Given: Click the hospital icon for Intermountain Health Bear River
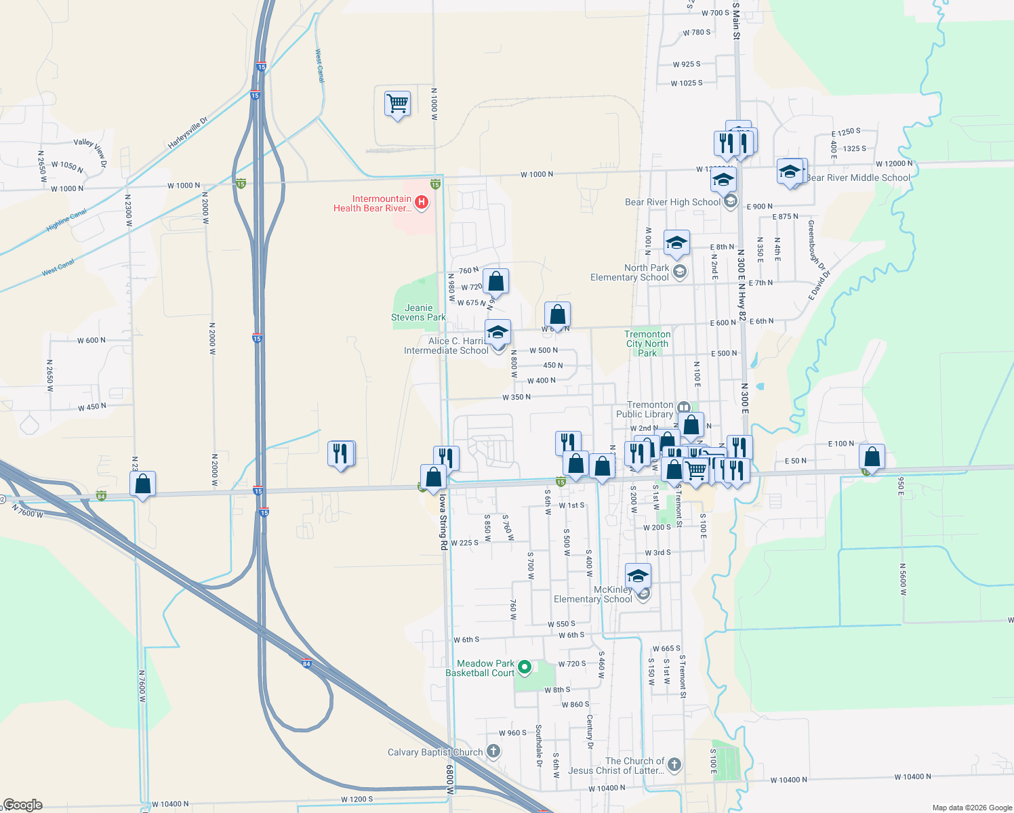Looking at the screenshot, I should [x=422, y=202].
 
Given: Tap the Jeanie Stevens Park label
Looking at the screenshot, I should [x=418, y=312].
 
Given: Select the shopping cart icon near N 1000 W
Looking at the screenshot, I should [x=397, y=104].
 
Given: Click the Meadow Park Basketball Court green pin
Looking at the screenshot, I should [x=524, y=668].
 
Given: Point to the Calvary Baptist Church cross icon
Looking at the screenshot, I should [x=493, y=751].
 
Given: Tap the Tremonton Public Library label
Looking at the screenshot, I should [x=645, y=409].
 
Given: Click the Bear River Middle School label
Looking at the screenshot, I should [x=858, y=178].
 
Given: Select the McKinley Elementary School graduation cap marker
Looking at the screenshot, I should [x=638, y=577].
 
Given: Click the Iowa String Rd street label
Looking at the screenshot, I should [x=443, y=522].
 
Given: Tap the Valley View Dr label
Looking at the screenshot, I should [x=91, y=150].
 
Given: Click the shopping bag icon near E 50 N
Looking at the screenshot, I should [x=872, y=457].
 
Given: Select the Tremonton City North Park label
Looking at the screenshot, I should [x=647, y=343].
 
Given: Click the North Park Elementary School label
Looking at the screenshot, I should [x=630, y=272].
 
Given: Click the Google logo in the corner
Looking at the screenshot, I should [x=22, y=805].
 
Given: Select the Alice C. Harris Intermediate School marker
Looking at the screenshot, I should [x=498, y=333].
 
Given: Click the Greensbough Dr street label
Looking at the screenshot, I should [x=815, y=245].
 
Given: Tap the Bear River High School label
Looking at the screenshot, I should [x=672, y=203].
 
